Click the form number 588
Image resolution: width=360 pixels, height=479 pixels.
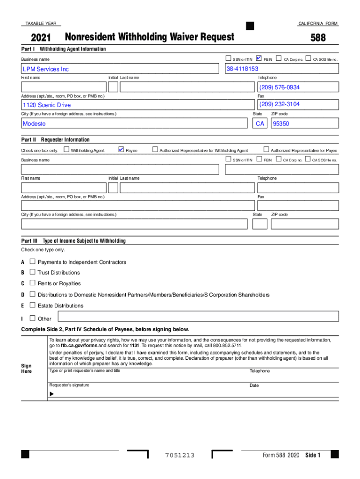(318, 37)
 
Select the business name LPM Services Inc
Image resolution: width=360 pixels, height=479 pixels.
(46, 69)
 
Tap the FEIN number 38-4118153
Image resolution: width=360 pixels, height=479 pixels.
(242, 69)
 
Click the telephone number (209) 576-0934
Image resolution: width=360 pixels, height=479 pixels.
(280, 87)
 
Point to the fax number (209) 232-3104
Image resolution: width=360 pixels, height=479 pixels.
(280, 104)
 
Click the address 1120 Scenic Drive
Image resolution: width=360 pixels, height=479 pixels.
(47, 105)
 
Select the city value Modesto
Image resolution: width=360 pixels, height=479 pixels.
(35, 123)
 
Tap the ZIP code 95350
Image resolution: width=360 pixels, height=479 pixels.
(281, 124)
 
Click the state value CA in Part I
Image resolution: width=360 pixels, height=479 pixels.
(260, 124)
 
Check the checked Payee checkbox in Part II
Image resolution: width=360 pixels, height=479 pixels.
(121, 150)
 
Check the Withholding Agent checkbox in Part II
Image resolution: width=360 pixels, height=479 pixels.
(66, 150)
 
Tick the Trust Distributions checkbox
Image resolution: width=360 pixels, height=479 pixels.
(32, 272)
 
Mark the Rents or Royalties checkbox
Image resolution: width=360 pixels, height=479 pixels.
(32, 283)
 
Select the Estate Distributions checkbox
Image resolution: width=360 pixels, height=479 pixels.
(32, 305)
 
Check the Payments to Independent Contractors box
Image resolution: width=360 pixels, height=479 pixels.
(32, 261)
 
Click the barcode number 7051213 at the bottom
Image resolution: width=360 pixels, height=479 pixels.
(180, 456)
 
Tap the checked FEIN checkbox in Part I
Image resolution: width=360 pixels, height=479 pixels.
(259, 58)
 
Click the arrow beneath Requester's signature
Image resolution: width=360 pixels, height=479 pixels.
(51, 394)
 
